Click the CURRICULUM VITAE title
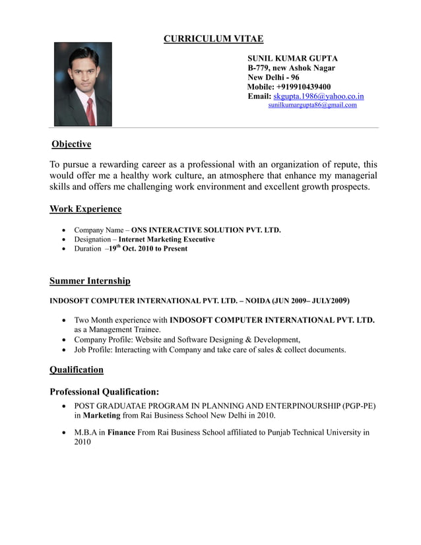(213, 39)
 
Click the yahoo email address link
(318, 96)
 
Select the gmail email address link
(312, 105)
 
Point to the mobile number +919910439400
(304, 86)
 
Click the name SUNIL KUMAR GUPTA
(292, 59)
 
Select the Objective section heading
(71, 144)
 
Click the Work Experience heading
(86, 209)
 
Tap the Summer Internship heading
(90, 281)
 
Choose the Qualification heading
(77, 369)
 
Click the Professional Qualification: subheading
(104, 392)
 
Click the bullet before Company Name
(63, 231)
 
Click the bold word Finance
(121, 433)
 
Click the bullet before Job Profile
(63, 350)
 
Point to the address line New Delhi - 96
(273, 77)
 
